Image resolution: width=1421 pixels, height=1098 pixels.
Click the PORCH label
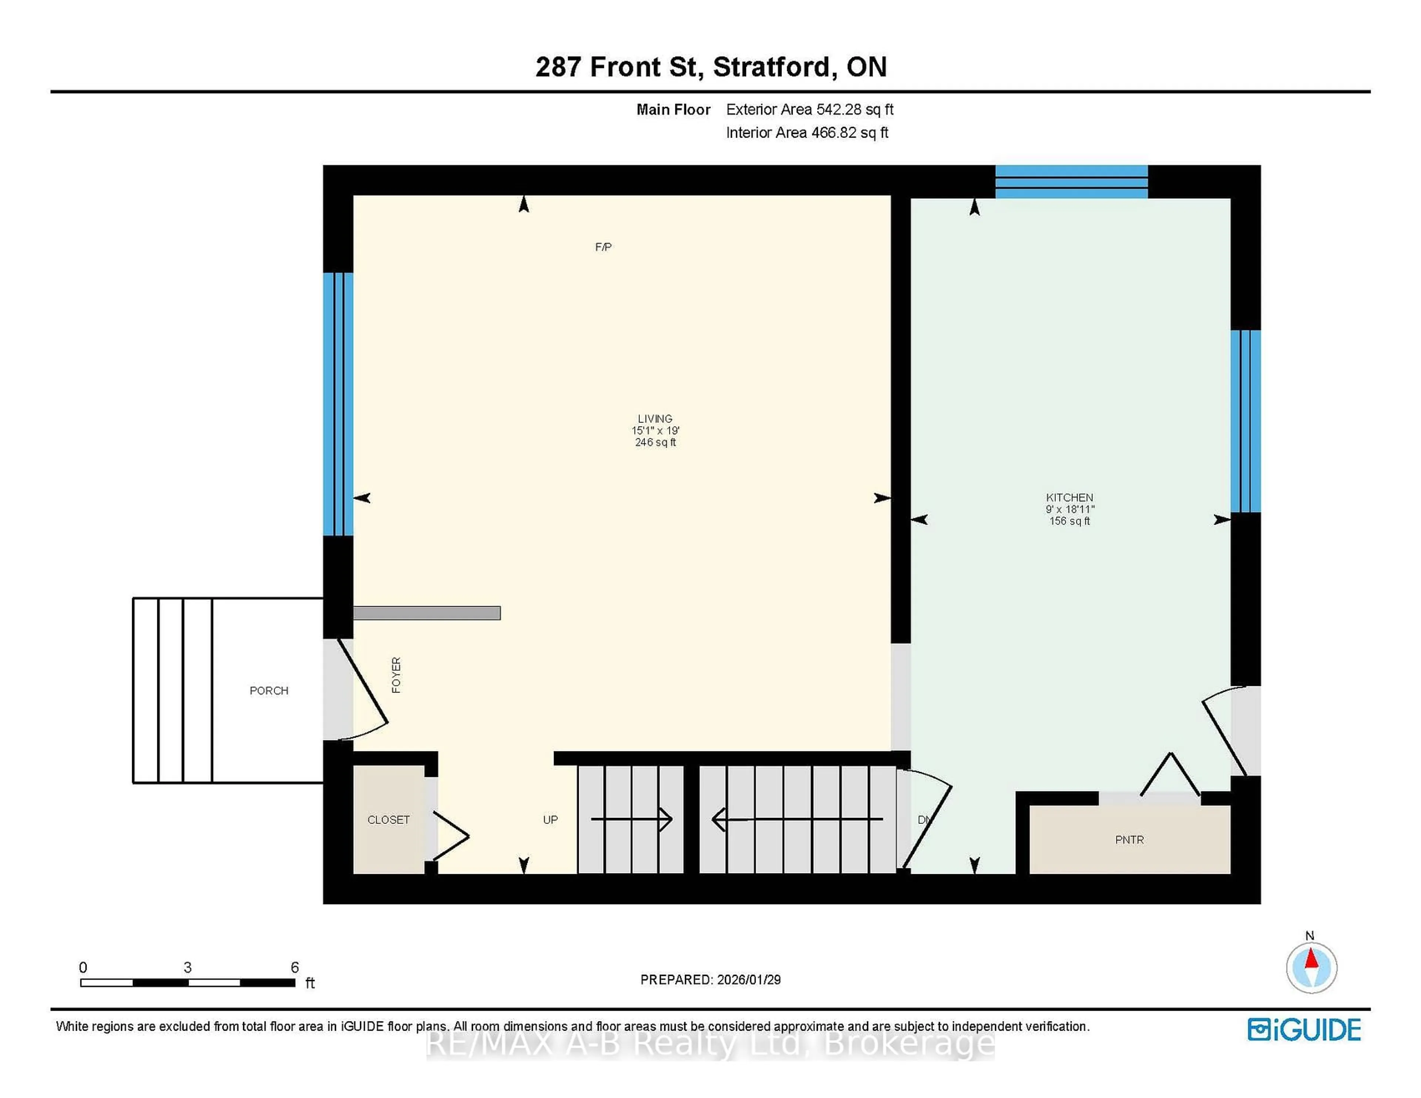click(269, 690)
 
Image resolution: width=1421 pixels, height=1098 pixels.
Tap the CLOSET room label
click(389, 819)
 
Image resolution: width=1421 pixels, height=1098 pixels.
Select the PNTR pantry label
click(1129, 840)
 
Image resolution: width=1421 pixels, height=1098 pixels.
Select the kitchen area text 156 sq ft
click(1069, 521)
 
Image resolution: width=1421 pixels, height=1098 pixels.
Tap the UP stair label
click(550, 819)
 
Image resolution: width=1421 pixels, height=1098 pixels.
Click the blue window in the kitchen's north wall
click(1071, 182)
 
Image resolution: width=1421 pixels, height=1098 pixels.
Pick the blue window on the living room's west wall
click(338, 403)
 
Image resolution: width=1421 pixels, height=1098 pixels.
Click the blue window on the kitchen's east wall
click(1245, 421)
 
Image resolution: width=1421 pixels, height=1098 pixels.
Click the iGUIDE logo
click(1304, 1030)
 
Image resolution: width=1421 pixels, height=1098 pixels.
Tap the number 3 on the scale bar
click(187, 967)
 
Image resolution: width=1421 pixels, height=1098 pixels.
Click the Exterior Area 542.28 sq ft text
click(809, 109)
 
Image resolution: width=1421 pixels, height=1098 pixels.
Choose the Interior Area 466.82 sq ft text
click(807, 133)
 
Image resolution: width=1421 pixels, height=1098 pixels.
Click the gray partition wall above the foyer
click(427, 613)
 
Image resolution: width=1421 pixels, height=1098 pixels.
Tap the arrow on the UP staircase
click(631, 819)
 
